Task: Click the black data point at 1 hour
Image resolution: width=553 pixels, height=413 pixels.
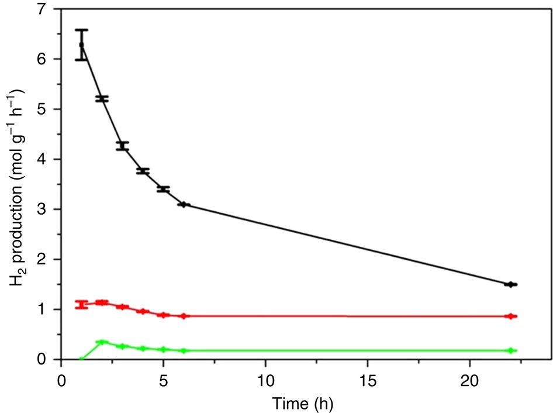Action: click(81, 44)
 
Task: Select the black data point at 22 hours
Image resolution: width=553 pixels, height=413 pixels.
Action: click(511, 284)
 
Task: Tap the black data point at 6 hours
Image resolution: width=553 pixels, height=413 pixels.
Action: click(184, 204)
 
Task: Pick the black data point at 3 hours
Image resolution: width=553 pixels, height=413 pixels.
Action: click(122, 146)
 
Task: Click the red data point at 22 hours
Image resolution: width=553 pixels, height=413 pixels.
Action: click(511, 316)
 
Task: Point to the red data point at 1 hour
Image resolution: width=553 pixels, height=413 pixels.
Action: click(81, 304)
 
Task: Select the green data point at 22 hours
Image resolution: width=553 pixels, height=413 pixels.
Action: click(511, 350)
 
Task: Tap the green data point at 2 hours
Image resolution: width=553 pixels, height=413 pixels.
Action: click(102, 342)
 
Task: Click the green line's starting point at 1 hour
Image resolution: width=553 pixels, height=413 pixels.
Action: click(81, 359)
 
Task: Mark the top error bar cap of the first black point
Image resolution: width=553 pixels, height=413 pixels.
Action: click(81, 29)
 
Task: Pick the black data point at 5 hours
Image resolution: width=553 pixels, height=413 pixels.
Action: click(163, 189)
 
